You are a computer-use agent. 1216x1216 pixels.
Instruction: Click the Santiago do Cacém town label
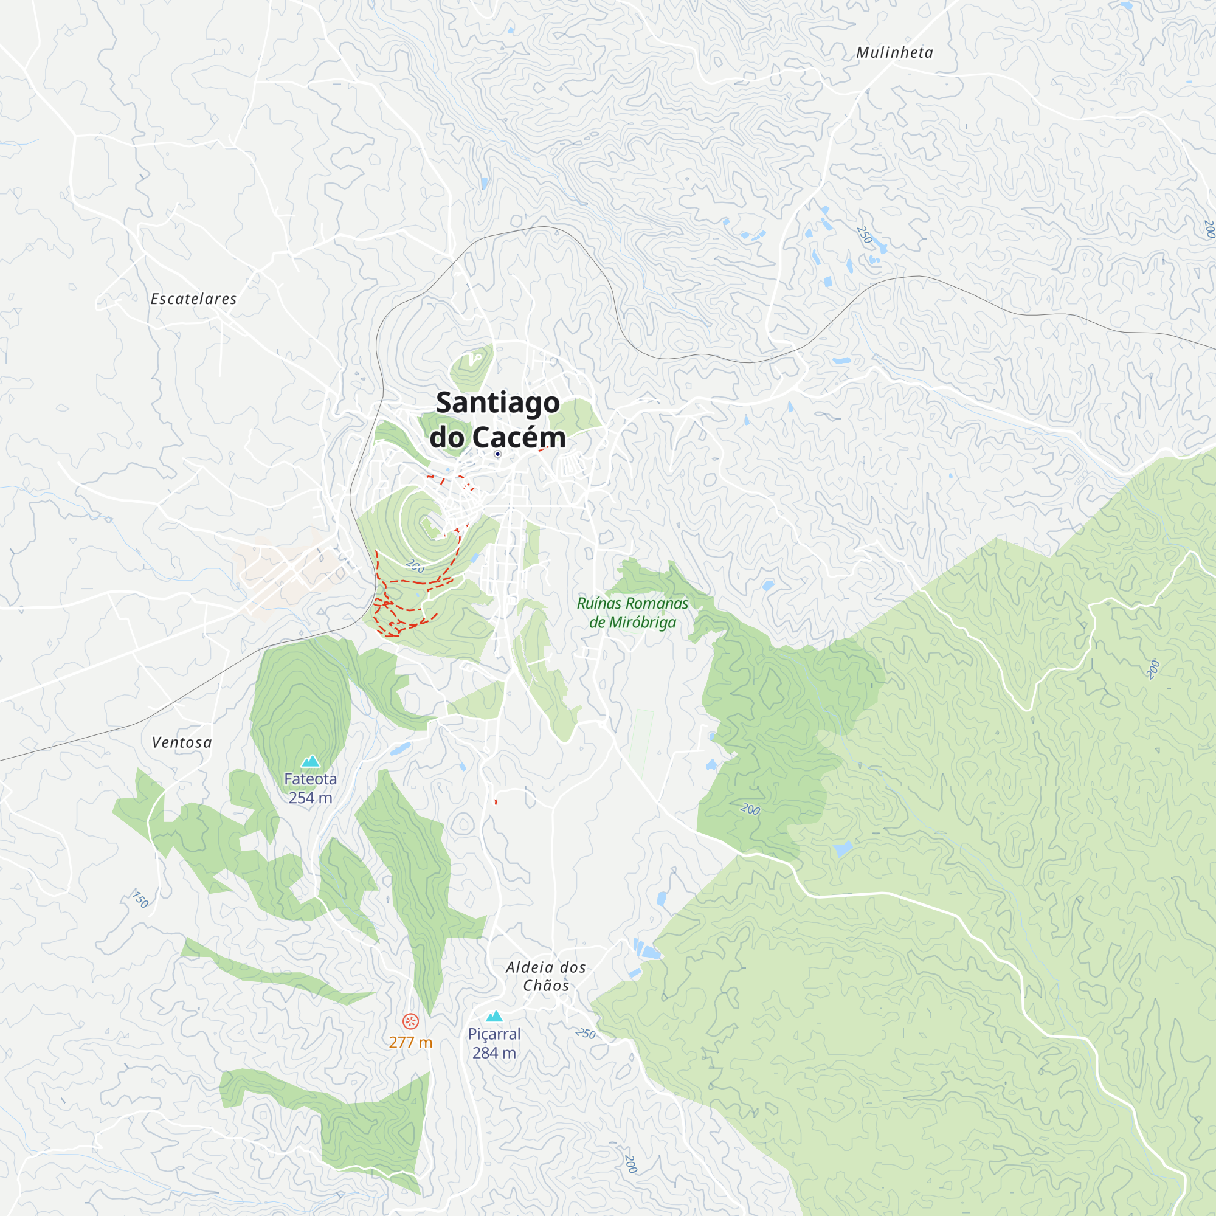497,420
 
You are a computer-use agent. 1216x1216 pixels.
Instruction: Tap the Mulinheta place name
894,53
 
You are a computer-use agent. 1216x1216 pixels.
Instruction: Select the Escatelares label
194,299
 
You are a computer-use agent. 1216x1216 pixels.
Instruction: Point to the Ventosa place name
182,743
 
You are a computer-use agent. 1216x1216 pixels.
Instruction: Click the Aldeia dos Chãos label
546,976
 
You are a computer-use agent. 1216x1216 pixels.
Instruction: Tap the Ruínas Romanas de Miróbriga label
632,612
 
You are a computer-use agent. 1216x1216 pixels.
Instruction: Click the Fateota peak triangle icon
310,762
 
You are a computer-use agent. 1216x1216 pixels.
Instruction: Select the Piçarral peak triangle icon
494,1017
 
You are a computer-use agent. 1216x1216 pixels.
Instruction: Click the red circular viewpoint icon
410,1021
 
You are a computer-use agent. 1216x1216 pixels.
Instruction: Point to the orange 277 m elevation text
410,1042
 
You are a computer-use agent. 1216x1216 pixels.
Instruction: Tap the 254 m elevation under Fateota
310,798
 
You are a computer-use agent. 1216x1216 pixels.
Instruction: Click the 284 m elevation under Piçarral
494,1053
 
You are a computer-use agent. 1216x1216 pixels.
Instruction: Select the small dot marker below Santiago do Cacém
497,454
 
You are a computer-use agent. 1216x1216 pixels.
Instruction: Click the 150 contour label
140,899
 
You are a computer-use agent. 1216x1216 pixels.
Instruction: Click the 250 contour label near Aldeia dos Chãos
586,1034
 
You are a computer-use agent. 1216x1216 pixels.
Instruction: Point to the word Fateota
310,779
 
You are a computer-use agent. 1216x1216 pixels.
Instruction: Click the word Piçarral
494,1034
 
